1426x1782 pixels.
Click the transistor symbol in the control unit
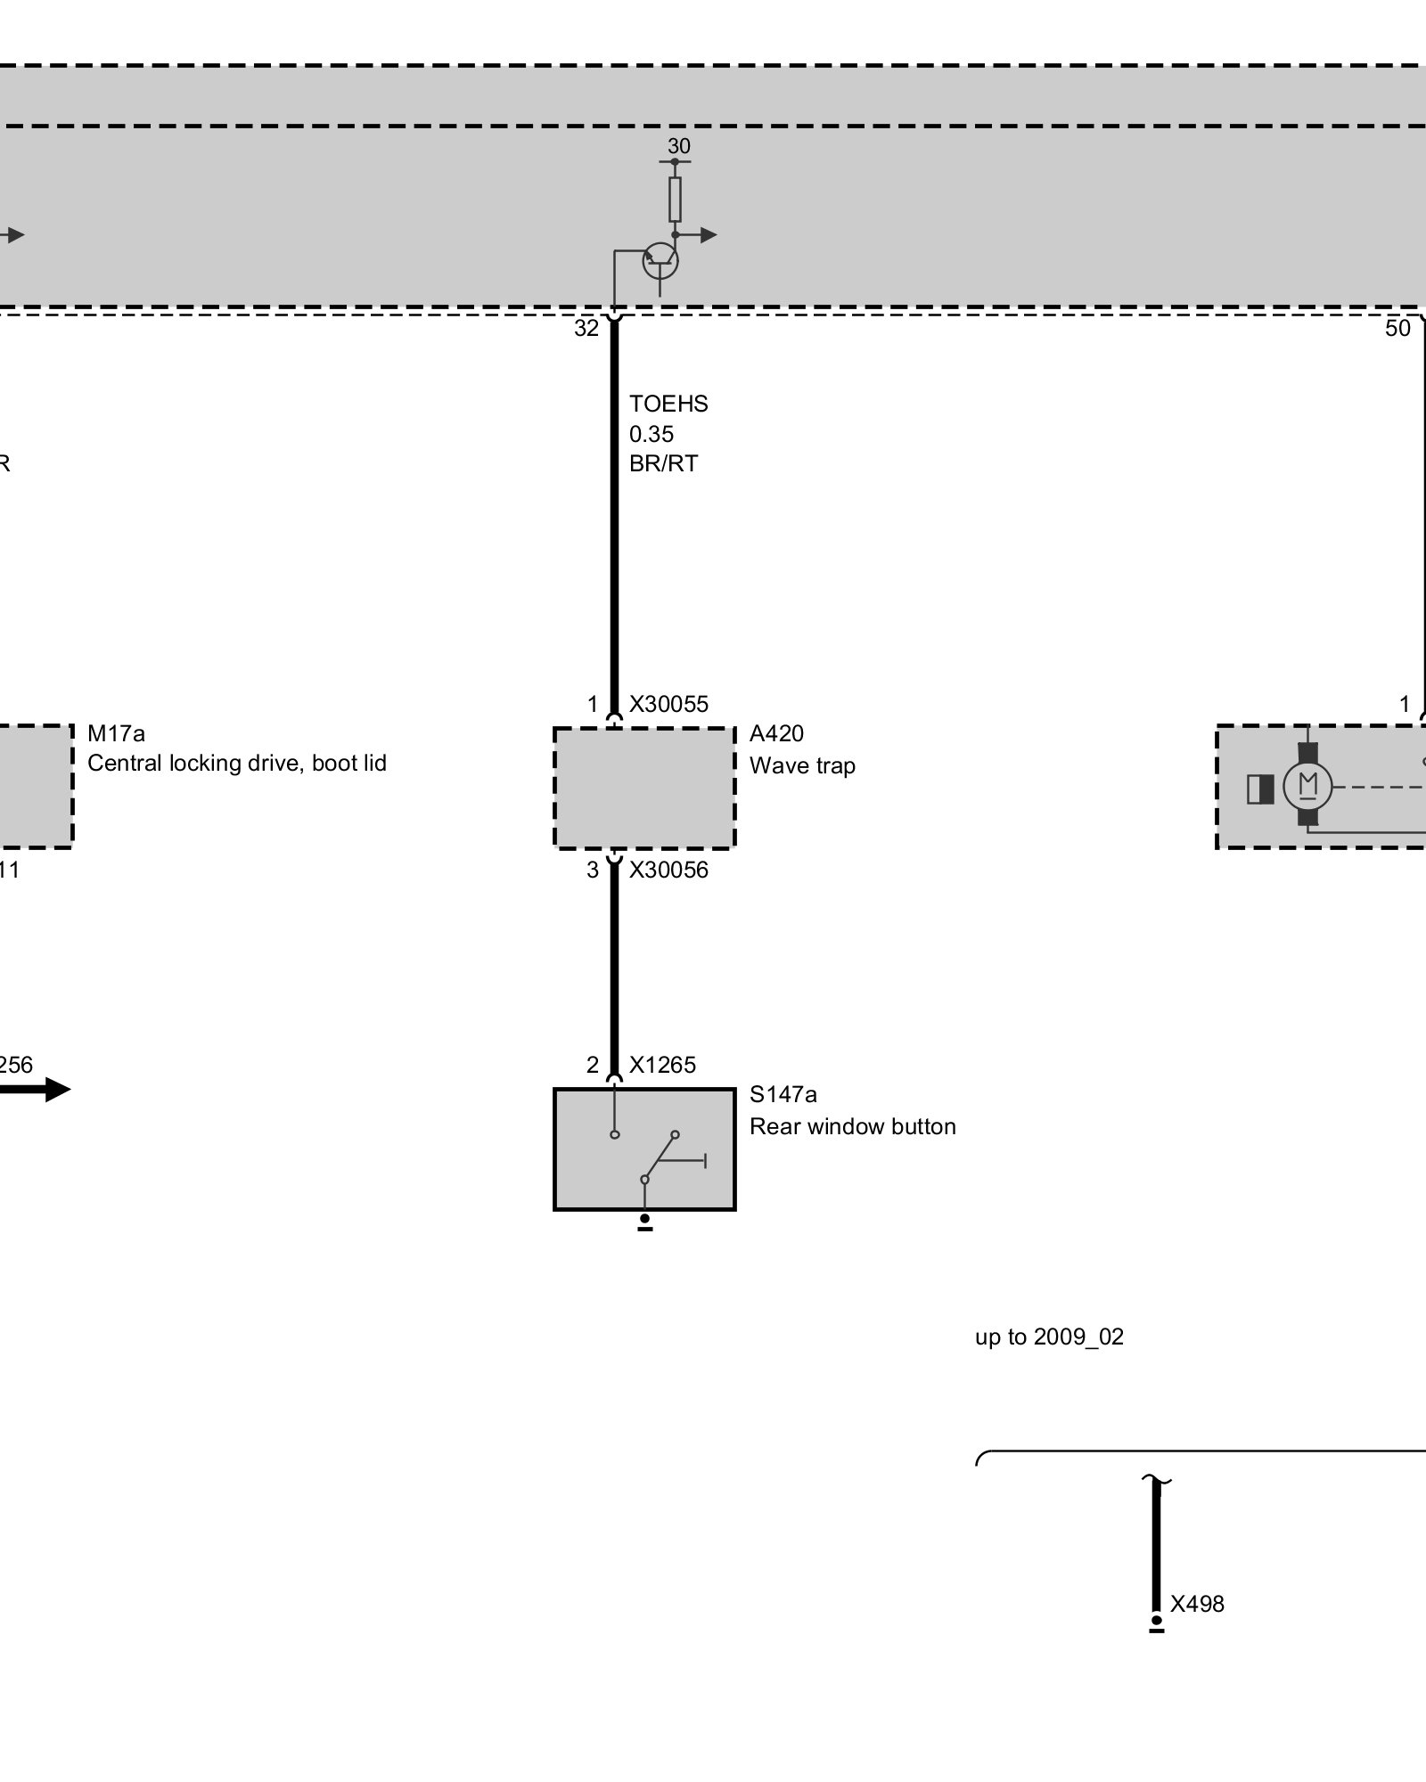pos(660,261)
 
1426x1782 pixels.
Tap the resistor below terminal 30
pos(675,199)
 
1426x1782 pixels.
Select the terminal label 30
pos(679,146)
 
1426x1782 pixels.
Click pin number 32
pos(586,329)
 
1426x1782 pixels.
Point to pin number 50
pos(1397,329)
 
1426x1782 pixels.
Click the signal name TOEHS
pos(668,404)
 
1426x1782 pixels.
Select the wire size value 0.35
pos(652,434)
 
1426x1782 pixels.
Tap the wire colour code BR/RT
pos(664,463)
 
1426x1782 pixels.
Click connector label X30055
pos(668,704)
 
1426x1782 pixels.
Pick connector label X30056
pos(668,870)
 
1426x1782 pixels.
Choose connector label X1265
pos(662,1065)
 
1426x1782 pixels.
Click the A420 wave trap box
pos(644,788)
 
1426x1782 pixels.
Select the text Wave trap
pos(802,765)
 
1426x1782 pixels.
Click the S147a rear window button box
pos(644,1148)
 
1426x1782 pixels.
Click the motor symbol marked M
pos(1307,787)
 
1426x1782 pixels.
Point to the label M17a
pos(116,733)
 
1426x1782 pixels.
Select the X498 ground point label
pos(1197,1604)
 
